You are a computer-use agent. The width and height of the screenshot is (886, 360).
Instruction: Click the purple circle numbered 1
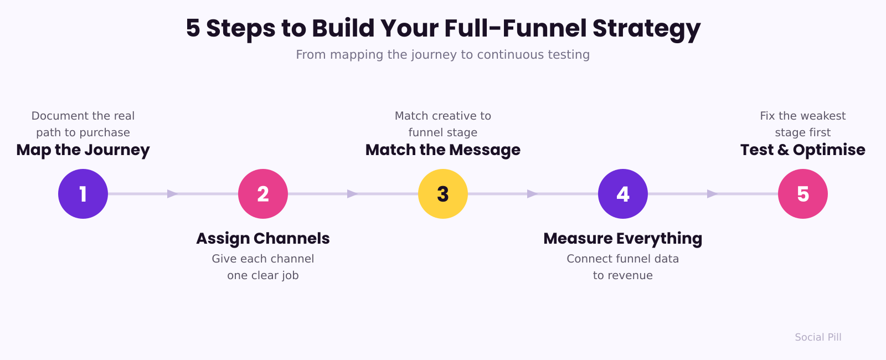pyautogui.click(x=83, y=194)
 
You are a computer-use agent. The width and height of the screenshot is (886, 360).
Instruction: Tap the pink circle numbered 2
pyautogui.click(x=263, y=194)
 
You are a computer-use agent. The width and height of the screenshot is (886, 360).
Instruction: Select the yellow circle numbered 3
pyautogui.click(x=443, y=194)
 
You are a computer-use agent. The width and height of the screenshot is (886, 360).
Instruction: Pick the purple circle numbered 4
pyautogui.click(x=623, y=194)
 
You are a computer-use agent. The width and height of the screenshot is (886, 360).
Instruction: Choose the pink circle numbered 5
pyautogui.click(x=803, y=194)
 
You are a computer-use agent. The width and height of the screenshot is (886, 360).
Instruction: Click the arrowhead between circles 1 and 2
pyautogui.click(x=173, y=194)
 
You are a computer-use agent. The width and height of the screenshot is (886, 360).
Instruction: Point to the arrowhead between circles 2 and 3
pyautogui.click(x=353, y=194)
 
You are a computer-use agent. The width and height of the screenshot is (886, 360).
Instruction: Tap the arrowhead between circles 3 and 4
pyautogui.click(x=533, y=194)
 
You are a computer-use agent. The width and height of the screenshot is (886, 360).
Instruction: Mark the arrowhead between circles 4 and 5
pyautogui.click(x=713, y=194)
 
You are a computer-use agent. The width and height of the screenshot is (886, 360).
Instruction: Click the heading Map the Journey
pyautogui.click(x=83, y=150)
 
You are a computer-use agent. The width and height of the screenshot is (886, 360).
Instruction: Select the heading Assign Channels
pyautogui.click(x=263, y=239)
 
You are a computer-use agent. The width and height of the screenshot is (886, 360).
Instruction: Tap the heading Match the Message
pyautogui.click(x=443, y=150)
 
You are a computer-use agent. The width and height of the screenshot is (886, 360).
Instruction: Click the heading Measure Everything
pyautogui.click(x=623, y=239)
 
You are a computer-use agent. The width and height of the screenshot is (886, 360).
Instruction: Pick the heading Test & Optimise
pyautogui.click(x=803, y=150)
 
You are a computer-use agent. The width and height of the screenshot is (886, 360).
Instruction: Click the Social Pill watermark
pyautogui.click(x=818, y=337)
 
